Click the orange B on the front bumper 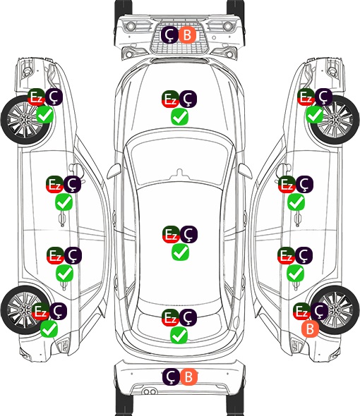(187, 35)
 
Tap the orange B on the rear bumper (188, 377)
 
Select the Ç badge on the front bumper (170, 35)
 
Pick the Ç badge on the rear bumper (171, 377)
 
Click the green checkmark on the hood (180, 117)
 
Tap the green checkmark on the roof (181, 252)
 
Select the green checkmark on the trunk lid (179, 335)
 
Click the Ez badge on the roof (171, 235)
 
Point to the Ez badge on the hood (171, 99)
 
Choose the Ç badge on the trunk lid (188, 317)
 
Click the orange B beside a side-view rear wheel (310, 329)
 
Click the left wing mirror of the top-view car (114, 171)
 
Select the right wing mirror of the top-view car (246, 171)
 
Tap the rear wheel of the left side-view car (25, 310)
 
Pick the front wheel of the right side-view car (335, 120)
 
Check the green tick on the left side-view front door (64, 202)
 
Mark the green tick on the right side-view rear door (296, 274)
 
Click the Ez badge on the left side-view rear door (55, 256)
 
